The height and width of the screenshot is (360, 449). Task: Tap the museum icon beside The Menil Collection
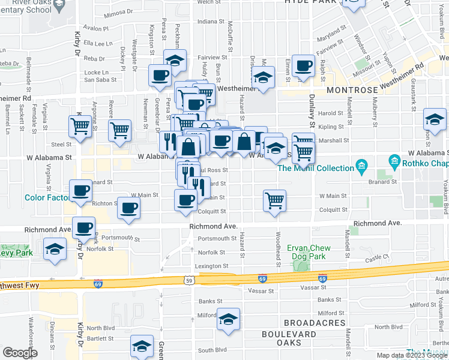[361, 164]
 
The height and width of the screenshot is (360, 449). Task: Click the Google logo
[20, 353]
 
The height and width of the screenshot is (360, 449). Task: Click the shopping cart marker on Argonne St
[120, 130]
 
